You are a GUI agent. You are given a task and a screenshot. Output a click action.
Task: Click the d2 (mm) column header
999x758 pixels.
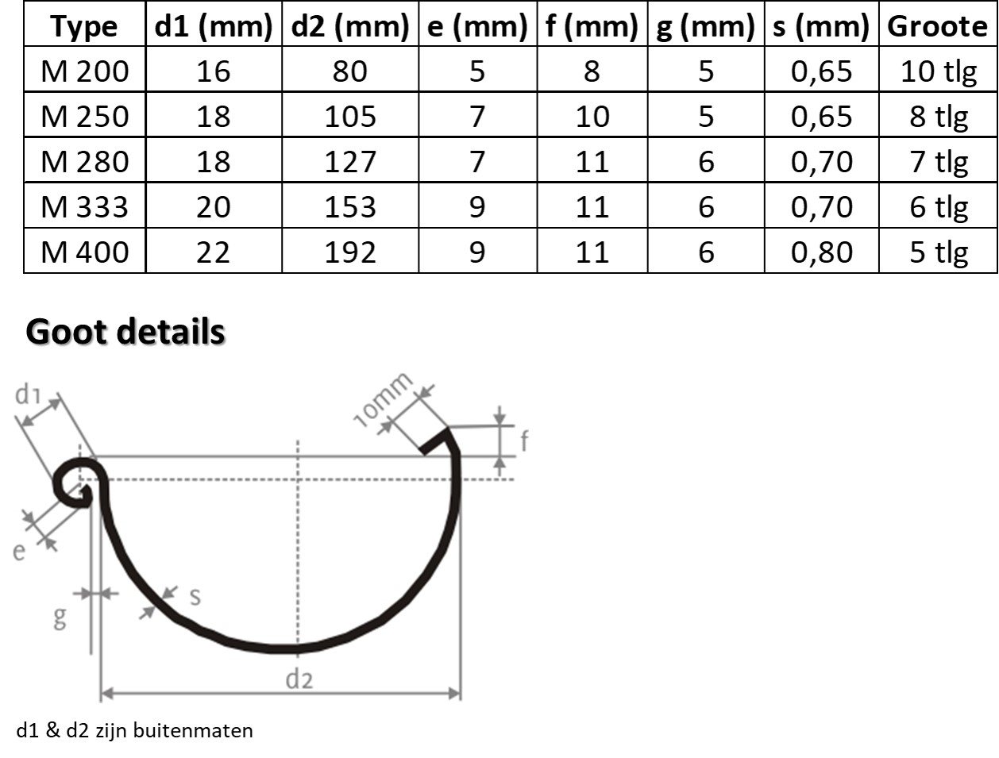click(349, 26)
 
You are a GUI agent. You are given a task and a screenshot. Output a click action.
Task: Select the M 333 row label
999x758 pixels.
click(85, 207)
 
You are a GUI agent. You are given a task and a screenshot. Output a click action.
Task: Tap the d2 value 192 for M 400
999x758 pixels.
click(349, 252)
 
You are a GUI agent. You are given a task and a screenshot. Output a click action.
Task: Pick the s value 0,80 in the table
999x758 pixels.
click(821, 252)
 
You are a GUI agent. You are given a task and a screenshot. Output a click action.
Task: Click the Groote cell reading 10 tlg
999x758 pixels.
click(939, 72)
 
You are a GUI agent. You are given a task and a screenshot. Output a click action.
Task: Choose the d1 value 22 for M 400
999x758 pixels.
click(213, 252)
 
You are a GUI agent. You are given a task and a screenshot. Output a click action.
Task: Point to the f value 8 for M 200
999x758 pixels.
click(592, 71)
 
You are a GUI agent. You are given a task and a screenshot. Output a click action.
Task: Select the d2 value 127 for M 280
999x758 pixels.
click(349, 162)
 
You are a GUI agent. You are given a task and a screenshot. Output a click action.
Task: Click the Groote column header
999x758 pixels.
click(938, 26)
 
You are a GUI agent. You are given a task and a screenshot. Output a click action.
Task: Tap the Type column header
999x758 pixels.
click(84, 27)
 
